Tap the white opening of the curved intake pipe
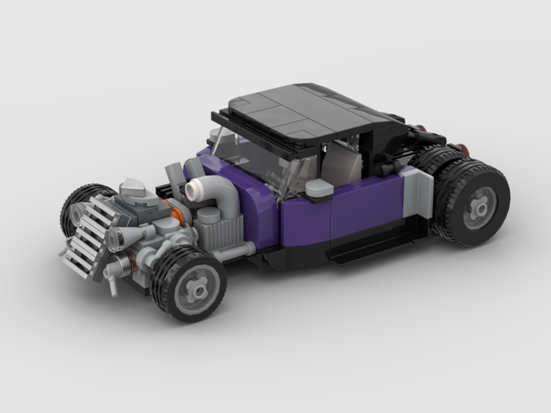point(193,190)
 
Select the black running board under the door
point(375,242)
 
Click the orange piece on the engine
point(177,215)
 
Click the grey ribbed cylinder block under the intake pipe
point(223,231)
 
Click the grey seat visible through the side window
point(342,162)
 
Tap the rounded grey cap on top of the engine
point(132,188)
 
